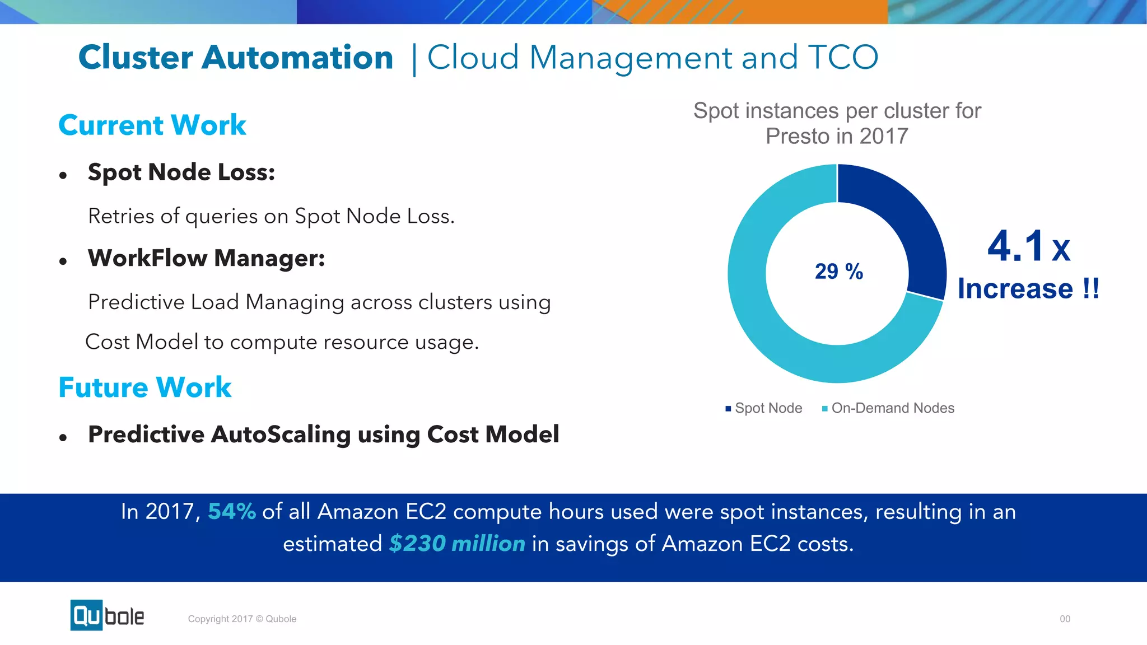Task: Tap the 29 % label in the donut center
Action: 838,272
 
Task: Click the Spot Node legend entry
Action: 764,408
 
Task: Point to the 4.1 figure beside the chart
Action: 1015,246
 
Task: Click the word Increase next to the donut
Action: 1015,289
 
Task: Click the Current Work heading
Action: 152,125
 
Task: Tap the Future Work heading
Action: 145,387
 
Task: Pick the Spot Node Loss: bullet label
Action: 181,172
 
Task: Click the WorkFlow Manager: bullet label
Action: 207,258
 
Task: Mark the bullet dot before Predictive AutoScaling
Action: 63,438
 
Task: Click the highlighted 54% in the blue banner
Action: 232,512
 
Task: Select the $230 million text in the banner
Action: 457,544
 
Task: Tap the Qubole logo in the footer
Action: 107,615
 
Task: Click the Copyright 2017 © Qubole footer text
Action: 242,619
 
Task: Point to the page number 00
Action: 1065,619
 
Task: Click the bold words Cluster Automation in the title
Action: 236,58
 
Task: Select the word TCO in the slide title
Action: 842,58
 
